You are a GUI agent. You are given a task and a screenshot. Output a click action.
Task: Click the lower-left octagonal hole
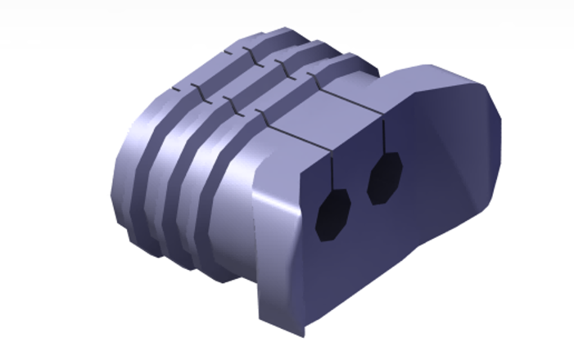pos(333,215)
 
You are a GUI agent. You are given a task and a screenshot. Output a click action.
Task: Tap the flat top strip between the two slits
pos(319,115)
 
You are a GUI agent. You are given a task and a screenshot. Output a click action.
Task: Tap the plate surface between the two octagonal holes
pos(359,196)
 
